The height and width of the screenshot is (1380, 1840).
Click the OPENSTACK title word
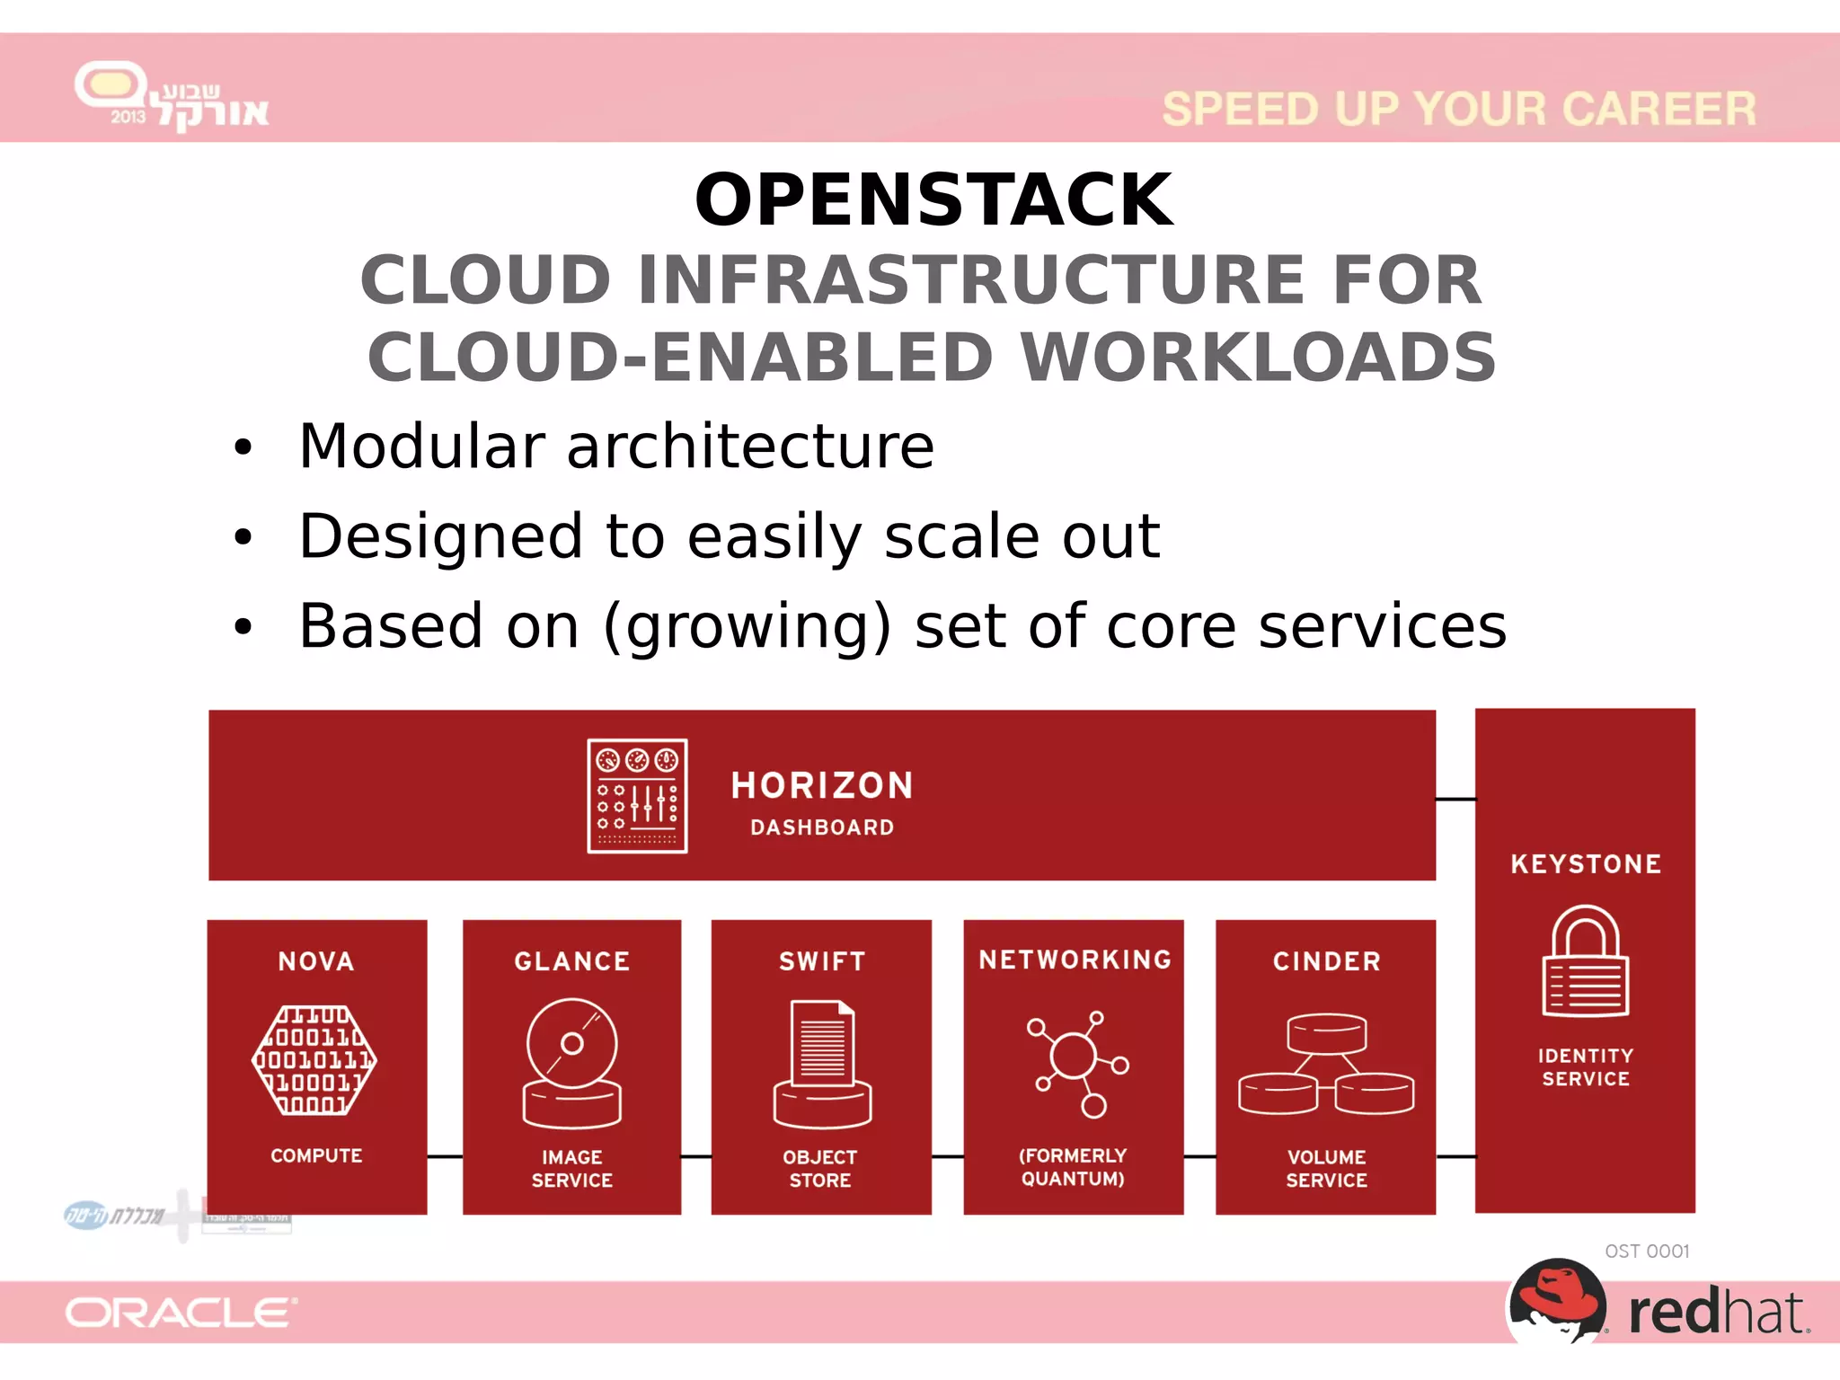tap(933, 199)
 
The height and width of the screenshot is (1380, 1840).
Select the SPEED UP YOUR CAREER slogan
tap(1458, 109)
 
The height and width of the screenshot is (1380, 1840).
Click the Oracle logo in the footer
tap(181, 1313)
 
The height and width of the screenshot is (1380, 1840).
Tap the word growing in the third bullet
tap(747, 627)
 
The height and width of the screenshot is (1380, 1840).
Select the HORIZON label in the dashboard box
tap(822, 785)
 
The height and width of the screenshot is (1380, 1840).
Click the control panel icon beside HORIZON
tap(637, 796)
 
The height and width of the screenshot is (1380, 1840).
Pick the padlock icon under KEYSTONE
tap(1586, 961)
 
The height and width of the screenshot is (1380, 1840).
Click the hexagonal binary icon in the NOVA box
tap(314, 1060)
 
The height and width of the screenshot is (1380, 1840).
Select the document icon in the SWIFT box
tap(822, 1064)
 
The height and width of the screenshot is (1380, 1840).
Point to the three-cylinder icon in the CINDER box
tap(1326, 1065)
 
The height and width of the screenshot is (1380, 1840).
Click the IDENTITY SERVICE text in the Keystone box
tap(1586, 1067)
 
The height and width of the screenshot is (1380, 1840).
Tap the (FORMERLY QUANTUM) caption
tap(1073, 1167)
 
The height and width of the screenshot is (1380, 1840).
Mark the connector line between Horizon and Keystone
tap(1455, 799)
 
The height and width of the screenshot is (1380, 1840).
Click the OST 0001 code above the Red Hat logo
tap(1647, 1252)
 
